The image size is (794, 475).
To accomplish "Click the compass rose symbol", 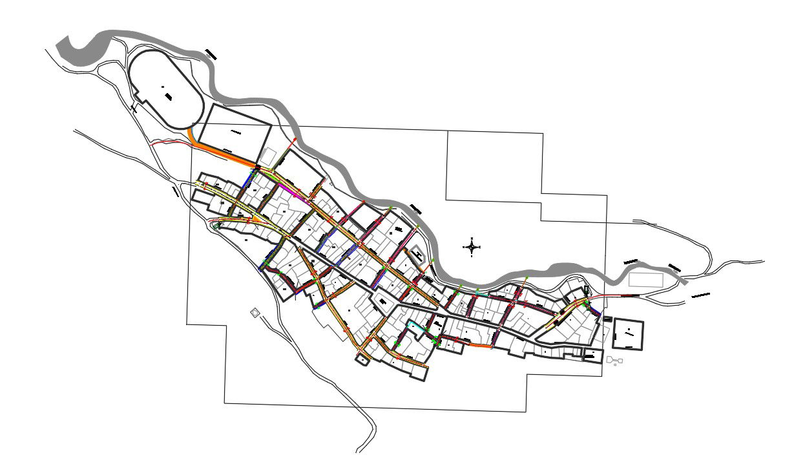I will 472,246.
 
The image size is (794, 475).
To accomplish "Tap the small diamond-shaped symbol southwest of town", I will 256,313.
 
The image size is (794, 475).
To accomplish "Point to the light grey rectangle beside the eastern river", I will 645,280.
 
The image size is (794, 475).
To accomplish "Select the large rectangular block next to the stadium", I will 235,136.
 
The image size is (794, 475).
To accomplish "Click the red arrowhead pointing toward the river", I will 296,139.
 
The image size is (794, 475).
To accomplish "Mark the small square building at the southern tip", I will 362,360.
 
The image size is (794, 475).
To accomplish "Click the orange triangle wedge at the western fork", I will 257,220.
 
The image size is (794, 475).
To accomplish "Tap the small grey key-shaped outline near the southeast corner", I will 613,359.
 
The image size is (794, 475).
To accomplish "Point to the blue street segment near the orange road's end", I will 247,181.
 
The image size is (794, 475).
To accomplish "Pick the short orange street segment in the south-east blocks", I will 478,346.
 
